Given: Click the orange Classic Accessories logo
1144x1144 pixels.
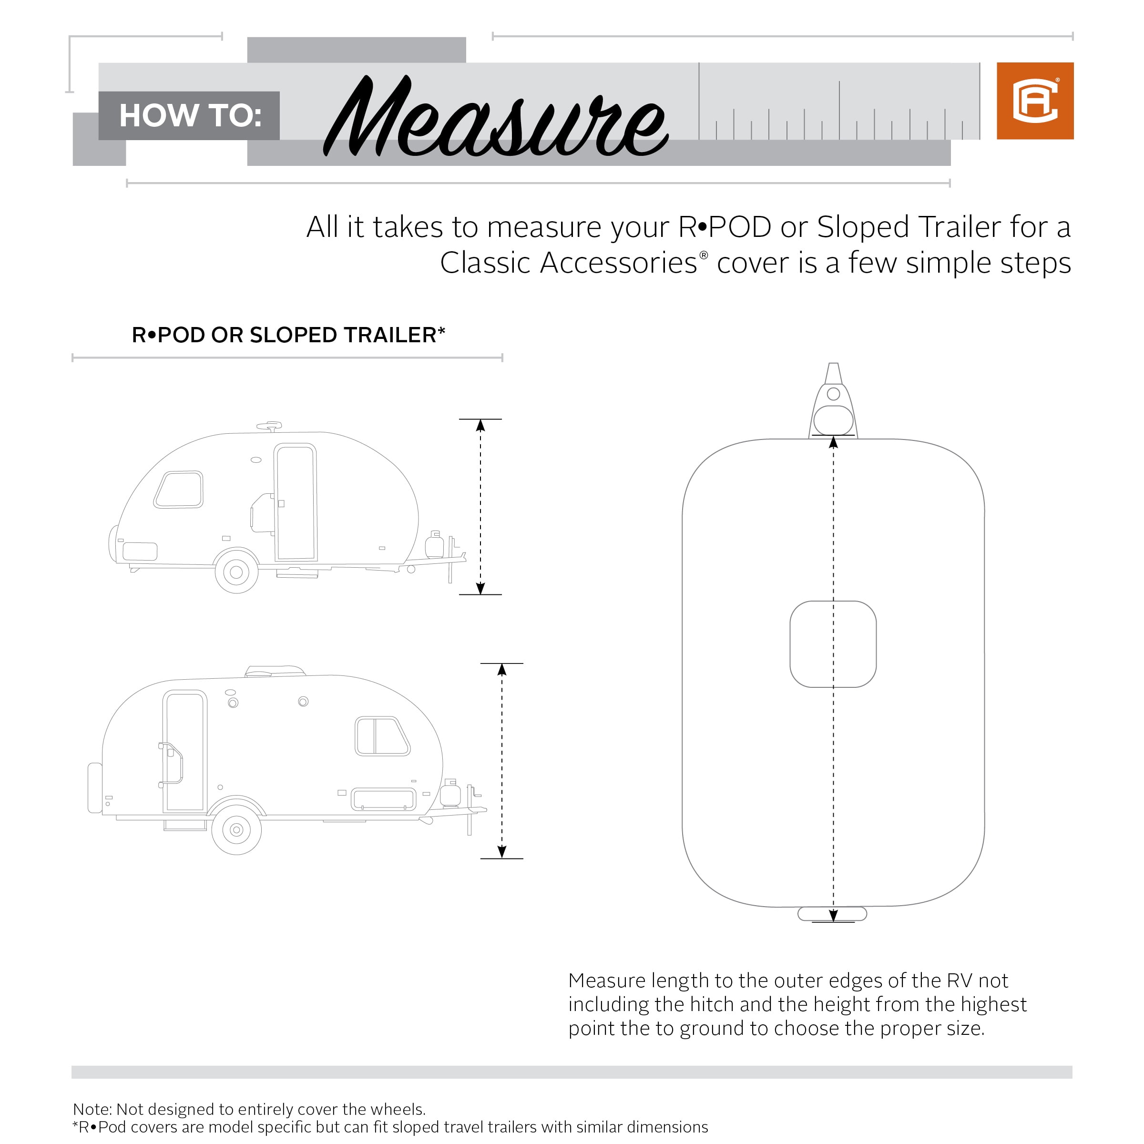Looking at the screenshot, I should [1034, 101].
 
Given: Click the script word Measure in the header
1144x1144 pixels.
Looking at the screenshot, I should [496, 118].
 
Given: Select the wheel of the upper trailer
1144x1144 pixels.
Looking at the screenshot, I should [236, 572].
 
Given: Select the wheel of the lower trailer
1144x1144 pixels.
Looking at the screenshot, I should [236, 829].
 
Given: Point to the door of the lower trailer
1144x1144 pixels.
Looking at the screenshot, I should [185, 751].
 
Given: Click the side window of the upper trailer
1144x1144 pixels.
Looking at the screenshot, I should [179, 490].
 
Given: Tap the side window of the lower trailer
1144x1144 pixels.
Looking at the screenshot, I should [382, 736].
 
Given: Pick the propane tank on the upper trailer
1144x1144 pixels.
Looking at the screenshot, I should [435, 545].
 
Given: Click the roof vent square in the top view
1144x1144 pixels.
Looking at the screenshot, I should [833, 644].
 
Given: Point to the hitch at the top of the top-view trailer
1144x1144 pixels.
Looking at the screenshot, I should [833, 403].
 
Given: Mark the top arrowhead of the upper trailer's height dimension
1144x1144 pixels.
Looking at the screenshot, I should [480, 425].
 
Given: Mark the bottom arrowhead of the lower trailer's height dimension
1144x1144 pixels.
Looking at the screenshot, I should [502, 851].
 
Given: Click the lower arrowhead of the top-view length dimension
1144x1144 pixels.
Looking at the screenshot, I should [833, 915].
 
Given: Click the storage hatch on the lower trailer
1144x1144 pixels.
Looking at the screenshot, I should [384, 799].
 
